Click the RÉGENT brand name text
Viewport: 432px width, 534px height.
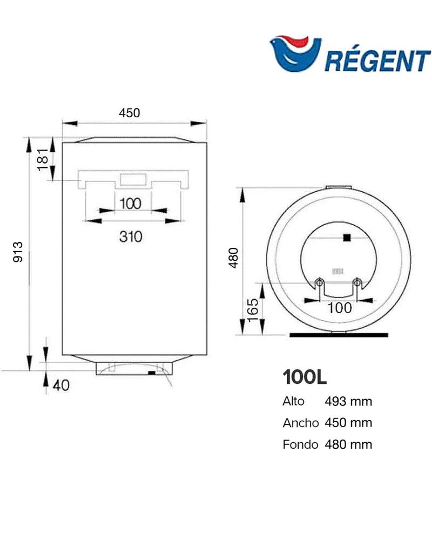(x=377, y=61)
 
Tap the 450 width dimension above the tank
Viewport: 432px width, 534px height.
(x=130, y=113)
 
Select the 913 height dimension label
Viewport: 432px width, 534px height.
(x=18, y=252)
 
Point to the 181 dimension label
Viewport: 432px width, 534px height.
(x=43, y=159)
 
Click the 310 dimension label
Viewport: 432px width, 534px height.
(x=131, y=236)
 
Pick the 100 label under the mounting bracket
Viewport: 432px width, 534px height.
(x=131, y=204)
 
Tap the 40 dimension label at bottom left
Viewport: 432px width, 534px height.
(x=62, y=385)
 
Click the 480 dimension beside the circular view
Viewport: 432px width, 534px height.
(x=233, y=258)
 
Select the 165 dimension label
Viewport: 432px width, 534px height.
(x=253, y=310)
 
